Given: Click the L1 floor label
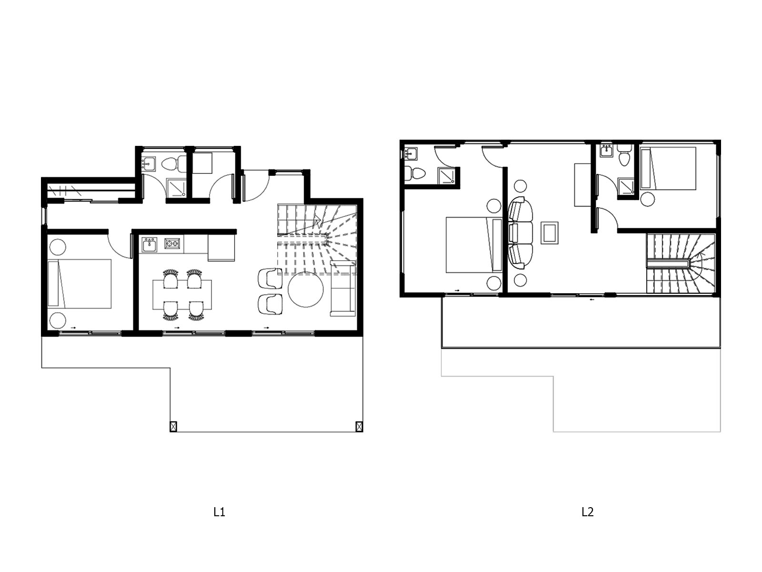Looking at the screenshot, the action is [x=219, y=512].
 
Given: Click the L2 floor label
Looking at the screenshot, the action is [x=587, y=512].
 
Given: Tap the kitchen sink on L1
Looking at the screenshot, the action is [x=149, y=245].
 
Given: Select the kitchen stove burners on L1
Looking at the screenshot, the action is [x=172, y=244].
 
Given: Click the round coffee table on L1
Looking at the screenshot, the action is [x=305, y=289].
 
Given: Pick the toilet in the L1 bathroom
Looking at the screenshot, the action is [x=175, y=164].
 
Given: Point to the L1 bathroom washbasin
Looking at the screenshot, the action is [x=149, y=163].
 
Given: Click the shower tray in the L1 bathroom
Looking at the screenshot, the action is [x=177, y=188].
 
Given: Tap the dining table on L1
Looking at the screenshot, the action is [x=182, y=294].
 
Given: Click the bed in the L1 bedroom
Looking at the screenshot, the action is [x=80, y=284].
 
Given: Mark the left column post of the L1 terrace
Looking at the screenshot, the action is [x=173, y=426].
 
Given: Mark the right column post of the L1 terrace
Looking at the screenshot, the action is [x=359, y=426].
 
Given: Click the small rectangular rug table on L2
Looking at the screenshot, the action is [x=550, y=233].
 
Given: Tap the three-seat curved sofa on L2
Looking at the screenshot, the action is [x=520, y=233].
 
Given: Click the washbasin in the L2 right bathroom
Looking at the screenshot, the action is [x=607, y=151].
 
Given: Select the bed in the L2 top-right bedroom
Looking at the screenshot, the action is [x=668, y=168].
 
